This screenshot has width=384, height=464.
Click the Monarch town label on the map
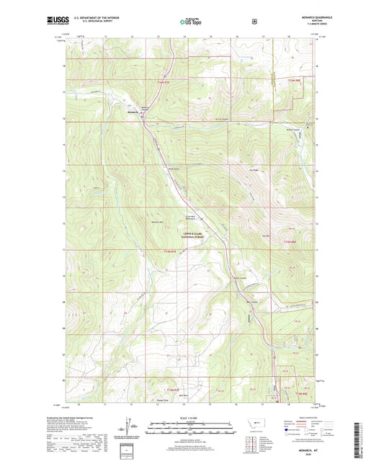(x=133, y=112)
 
